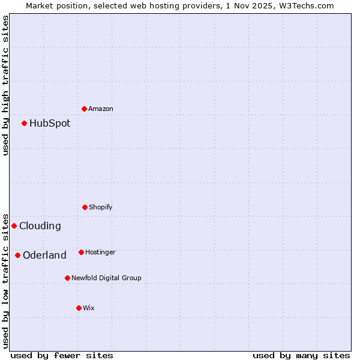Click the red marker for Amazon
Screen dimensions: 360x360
click(x=85, y=109)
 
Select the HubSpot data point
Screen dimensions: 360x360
click(x=25, y=124)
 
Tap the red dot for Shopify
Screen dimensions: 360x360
click(x=85, y=207)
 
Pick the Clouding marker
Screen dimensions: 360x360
click(x=14, y=226)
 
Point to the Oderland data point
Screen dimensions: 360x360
click(x=18, y=256)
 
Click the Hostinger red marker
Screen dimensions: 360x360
click(x=82, y=252)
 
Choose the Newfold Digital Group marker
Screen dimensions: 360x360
click(x=68, y=278)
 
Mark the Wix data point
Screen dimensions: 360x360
click(x=79, y=308)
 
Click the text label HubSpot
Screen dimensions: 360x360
click(x=50, y=124)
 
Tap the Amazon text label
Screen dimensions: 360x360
click(x=101, y=109)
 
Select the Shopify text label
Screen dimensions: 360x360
click(x=101, y=207)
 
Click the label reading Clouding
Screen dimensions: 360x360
click(x=40, y=226)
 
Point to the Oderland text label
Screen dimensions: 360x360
click(x=45, y=256)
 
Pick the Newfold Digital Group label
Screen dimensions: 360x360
click(x=107, y=278)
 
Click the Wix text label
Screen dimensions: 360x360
click(x=89, y=308)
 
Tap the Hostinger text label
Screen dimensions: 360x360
click(x=100, y=252)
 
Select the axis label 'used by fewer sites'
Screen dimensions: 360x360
click(x=62, y=355)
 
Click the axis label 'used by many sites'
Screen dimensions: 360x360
click(x=301, y=355)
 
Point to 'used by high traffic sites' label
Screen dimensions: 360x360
click(x=5, y=85)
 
